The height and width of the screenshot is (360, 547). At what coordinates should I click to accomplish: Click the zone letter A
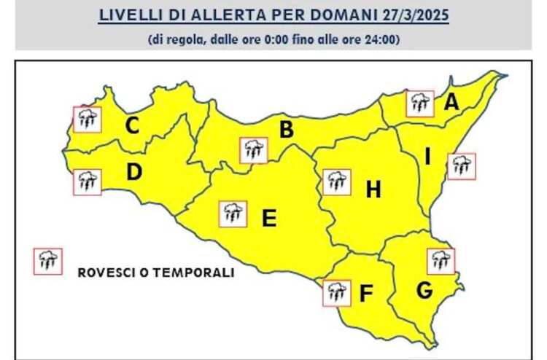tap(451, 103)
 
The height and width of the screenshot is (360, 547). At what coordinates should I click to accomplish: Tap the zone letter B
tap(287, 130)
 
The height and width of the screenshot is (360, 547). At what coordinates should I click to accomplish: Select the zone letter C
tap(132, 126)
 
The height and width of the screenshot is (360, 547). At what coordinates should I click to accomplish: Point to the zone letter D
tap(133, 173)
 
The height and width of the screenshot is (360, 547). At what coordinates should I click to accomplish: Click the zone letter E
tap(269, 217)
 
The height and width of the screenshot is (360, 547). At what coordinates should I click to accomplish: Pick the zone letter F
tap(366, 294)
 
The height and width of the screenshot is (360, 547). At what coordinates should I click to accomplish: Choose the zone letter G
tap(424, 291)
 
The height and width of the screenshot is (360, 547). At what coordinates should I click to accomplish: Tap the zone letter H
tap(373, 190)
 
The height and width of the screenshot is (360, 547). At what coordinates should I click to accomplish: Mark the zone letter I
tap(429, 156)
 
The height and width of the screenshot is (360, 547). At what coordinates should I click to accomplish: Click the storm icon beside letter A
tap(420, 104)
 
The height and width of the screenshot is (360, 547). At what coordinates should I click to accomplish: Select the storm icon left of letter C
tap(88, 119)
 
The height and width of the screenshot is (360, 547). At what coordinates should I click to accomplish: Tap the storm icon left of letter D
tap(88, 181)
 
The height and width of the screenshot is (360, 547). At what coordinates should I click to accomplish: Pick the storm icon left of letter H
tap(335, 181)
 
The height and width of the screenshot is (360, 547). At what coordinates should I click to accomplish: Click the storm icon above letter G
tap(441, 261)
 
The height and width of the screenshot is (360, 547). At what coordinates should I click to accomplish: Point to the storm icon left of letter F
tap(336, 292)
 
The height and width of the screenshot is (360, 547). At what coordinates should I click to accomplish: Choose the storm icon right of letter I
tap(461, 166)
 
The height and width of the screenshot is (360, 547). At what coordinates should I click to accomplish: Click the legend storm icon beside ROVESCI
tap(48, 261)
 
